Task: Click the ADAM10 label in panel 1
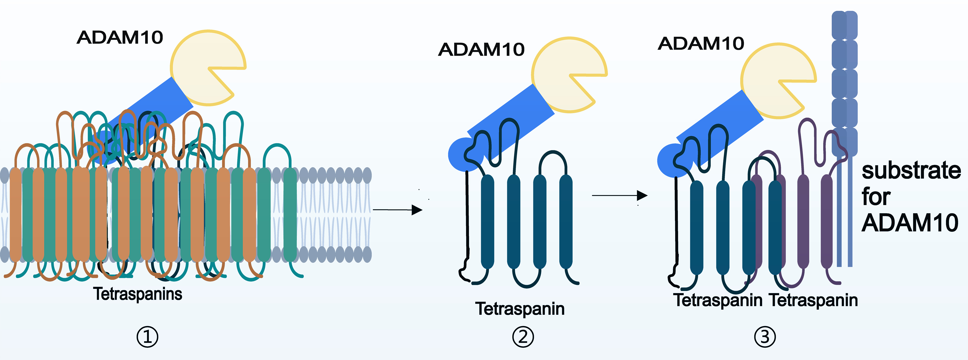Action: pyautogui.click(x=120, y=38)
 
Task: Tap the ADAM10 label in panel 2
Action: pyautogui.click(x=481, y=50)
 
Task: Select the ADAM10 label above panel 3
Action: pyautogui.click(x=701, y=44)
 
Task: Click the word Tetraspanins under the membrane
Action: pyautogui.click(x=137, y=294)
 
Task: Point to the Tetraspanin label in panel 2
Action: pyautogui.click(x=520, y=309)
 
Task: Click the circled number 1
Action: pyautogui.click(x=147, y=337)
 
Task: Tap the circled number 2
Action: pyautogui.click(x=523, y=337)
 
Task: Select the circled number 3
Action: pyautogui.click(x=765, y=337)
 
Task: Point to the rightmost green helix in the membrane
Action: pyautogui.click(x=290, y=215)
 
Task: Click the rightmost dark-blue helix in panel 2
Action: pyautogui.click(x=566, y=222)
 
